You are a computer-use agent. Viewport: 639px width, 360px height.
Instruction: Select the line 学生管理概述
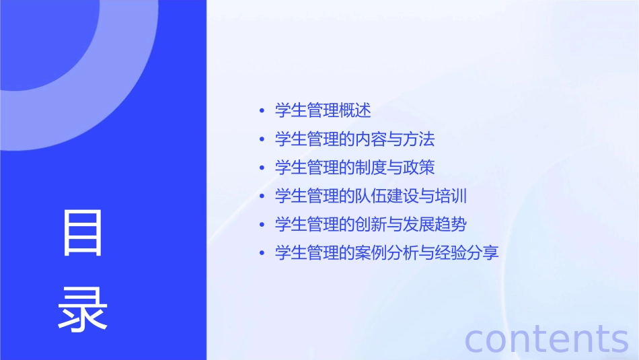tap(323, 110)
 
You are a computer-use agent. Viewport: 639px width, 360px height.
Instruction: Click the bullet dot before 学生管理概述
tap(262, 110)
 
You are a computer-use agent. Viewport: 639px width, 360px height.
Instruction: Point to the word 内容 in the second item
tap(371, 139)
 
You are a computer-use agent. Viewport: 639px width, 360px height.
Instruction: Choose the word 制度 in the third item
tap(371, 168)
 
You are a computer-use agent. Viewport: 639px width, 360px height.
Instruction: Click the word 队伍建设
tap(387, 196)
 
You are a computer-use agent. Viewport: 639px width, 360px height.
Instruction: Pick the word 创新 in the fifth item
tap(371, 225)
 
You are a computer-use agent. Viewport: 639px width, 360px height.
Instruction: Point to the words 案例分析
tap(387, 254)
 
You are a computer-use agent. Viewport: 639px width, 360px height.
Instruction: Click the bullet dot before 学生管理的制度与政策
tap(262, 168)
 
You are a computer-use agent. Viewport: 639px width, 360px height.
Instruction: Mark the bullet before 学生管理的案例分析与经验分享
tap(262, 254)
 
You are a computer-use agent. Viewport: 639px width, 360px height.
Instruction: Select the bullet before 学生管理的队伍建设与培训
tap(262, 196)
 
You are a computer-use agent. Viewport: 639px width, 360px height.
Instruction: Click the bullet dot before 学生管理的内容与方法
tap(262, 139)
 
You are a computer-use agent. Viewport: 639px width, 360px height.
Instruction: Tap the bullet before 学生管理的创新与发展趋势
tap(262, 225)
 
